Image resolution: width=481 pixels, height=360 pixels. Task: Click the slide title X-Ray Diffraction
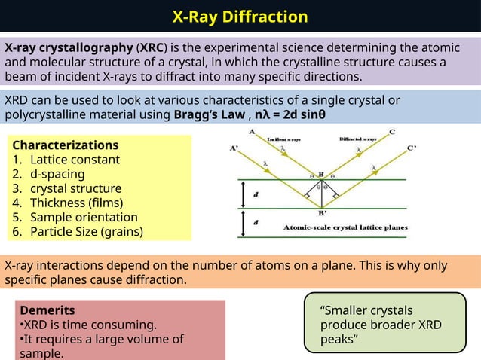[240, 17]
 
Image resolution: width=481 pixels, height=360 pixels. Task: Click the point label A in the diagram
[251, 132]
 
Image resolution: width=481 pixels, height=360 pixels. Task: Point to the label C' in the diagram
[412, 149]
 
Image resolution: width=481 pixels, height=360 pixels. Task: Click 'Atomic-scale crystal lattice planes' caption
[345, 227]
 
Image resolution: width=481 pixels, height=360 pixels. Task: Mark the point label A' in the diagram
[235, 148]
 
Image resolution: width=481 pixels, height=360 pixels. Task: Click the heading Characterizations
[66, 145]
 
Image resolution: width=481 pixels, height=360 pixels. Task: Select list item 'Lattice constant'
[75, 160]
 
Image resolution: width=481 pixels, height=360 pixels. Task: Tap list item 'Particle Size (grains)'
[86, 231]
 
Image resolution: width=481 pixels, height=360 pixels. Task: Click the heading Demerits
[47, 310]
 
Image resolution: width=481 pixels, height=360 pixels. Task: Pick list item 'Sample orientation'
[83, 217]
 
